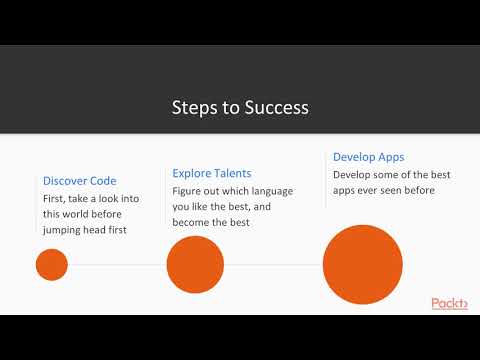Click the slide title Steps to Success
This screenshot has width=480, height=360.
pyautogui.click(x=240, y=107)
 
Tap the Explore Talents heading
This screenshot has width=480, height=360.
pyautogui.click(x=212, y=173)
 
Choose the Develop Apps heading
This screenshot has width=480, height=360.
pyautogui.click(x=369, y=157)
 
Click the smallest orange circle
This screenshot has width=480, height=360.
pyautogui.click(x=51, y=265)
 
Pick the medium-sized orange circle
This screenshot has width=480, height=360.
pyautogui.click(x=195, y=265)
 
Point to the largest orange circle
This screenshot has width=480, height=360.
pyautogui.click(x=362, y=265)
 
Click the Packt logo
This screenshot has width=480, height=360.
pyautogui.click(x=449, y=303)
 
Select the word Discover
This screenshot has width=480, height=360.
pyautogui.click(x=65, y=181)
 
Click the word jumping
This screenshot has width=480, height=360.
pyautogui.click(x=65, y=229)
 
